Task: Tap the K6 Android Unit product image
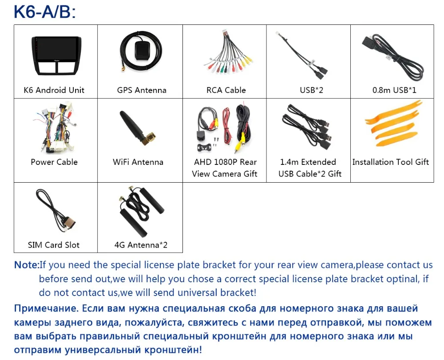[x=55, y=56]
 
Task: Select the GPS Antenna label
[x=142, y=90]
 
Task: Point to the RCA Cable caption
[x=226, y=90]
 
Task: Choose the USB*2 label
[x=311, y=90]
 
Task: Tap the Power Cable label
[x=54, y=162]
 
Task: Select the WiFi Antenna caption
[x=138, y=162]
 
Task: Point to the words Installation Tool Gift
[x=391, y=162]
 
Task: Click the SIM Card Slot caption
[x=54, y=245]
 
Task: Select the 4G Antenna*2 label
[x=141, y=245]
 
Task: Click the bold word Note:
[x=27, y=265]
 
